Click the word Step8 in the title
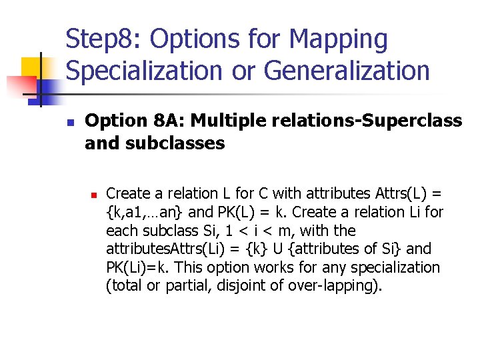tap(103, 39)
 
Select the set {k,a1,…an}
tap(144, 213)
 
